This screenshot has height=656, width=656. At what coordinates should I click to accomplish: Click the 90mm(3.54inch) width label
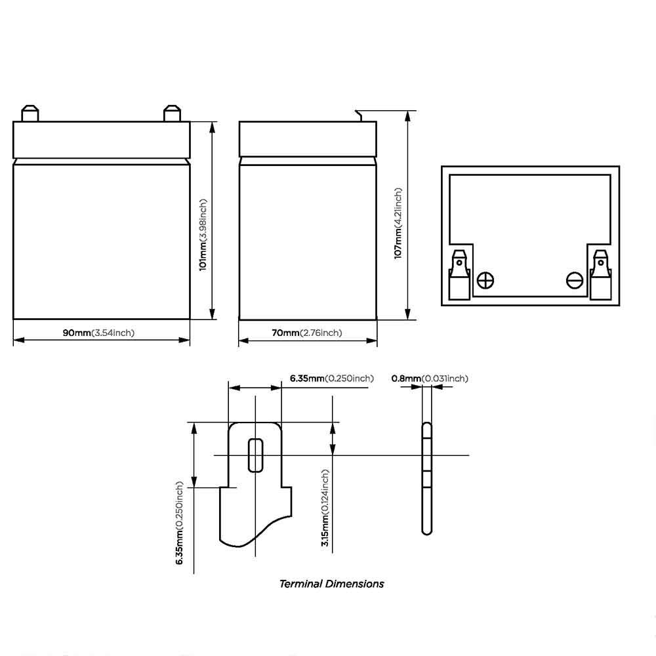99,333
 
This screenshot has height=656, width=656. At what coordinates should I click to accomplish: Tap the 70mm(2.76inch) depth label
306,333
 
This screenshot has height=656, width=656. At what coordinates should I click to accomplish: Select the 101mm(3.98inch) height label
203,235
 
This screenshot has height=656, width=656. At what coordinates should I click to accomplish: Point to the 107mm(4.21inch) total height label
398,223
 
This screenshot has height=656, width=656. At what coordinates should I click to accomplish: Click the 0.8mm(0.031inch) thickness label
430,379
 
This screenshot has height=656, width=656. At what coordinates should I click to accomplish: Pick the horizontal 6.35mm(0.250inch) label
332,379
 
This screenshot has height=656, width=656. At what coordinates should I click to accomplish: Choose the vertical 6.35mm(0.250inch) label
180,523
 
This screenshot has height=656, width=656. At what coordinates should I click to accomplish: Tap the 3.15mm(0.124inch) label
325,508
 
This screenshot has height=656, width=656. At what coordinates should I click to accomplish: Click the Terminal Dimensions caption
331,584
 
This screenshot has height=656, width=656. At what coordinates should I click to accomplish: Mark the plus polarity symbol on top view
485,280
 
